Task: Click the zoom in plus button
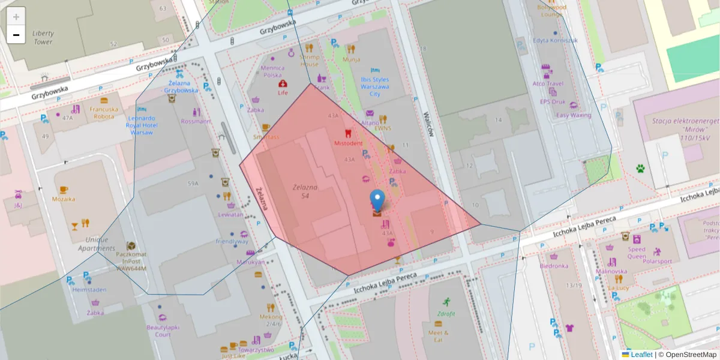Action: pyautogui.click(x=16, y=17)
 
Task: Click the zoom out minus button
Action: pyautogui.click(x=16, y=35)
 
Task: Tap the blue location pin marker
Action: pyautogui.click(x=377, y=200)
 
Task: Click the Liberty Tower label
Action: pyautogui.click(x=43, y=38)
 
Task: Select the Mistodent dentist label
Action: pyautogui.click(x=348, y=143)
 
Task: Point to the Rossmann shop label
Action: pyautogui.click(x=196, y=121)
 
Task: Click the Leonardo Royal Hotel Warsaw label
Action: pyautogui.click(x=142, y=125)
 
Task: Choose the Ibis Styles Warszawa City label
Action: pyautogui.click(x=374, y=86)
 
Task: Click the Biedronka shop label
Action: pyautogui.click(x=554, y=265)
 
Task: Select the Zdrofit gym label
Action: pyautogui.click(x=446, y=313)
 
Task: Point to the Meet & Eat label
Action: pyautogui.click(x=438, y=336)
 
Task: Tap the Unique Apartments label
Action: pyautogui.click(x=92, y=244)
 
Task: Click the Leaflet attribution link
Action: pyautogui.click(x=641, y=355)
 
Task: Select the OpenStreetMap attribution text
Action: pyautogui.click(x=689, y=355)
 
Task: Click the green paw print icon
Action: pyautogui.click(x=640, y=169)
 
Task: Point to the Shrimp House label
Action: pyautogui.click(x=310, y=61)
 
